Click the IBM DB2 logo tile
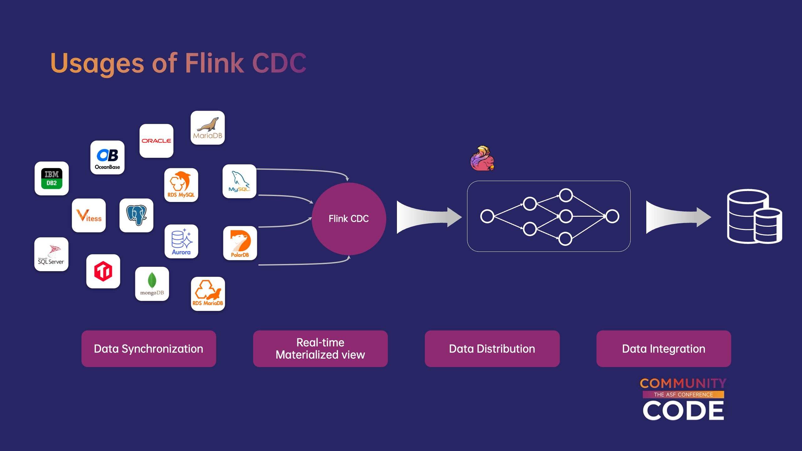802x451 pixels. tap(52, 179)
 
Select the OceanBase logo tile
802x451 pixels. tap(107, 158)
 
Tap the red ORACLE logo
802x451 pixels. tap(156, 141)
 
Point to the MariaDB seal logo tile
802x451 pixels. tap(208, 128)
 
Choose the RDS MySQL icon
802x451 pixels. tap(181, 185)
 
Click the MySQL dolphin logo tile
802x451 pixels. tap(239, 181)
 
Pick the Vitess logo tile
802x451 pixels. tap(89, 215)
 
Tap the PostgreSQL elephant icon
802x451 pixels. tap(137, 215)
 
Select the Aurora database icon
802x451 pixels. tap(181, 241)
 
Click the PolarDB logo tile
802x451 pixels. tap(240, 243)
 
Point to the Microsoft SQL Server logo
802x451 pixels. tap(51, 254)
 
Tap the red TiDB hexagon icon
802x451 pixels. tap(103, 271)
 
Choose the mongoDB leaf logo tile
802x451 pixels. tap(152, 284)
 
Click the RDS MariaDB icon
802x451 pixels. tap(208, 294)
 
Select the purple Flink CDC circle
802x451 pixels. tap(349, 219)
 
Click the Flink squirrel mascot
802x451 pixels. tap(482, 158)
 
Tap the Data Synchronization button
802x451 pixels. tap(149, 349)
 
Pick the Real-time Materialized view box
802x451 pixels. tap(320, 349)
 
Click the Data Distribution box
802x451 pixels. tap(492, 349)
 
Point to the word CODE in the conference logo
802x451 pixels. tap(683, 411)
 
